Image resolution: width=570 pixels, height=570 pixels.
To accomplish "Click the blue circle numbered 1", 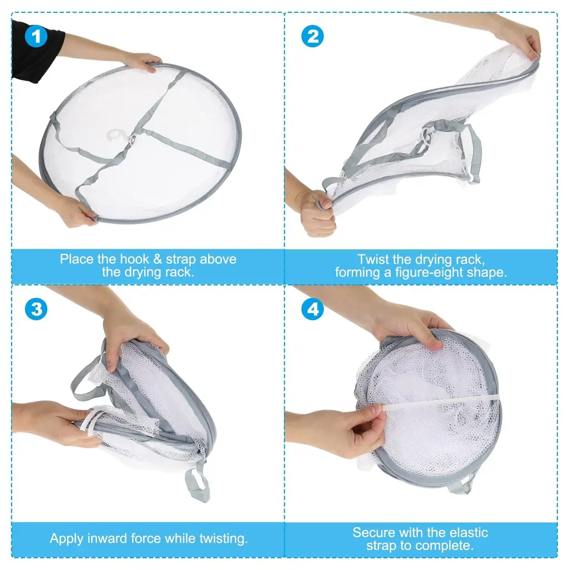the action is coord(36,36).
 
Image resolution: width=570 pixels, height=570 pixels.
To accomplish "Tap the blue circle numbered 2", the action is coord(313,36).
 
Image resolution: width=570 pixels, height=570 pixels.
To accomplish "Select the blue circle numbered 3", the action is coord(36,309).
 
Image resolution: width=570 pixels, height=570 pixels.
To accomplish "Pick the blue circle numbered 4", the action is coord(313,309).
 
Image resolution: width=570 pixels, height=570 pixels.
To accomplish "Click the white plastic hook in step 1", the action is coord(117,135).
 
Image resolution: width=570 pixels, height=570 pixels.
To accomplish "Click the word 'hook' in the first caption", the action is coord(135,259).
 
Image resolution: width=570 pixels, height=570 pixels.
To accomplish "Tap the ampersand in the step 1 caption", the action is coord(158,259).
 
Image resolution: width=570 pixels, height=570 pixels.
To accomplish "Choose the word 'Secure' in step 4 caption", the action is coord(370,533).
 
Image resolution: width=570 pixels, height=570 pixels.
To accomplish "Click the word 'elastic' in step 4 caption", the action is coord(469,533).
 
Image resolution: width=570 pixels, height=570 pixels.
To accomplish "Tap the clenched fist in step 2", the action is coord(316,214).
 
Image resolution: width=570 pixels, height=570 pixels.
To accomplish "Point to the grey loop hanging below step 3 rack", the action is coord(198,485).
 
